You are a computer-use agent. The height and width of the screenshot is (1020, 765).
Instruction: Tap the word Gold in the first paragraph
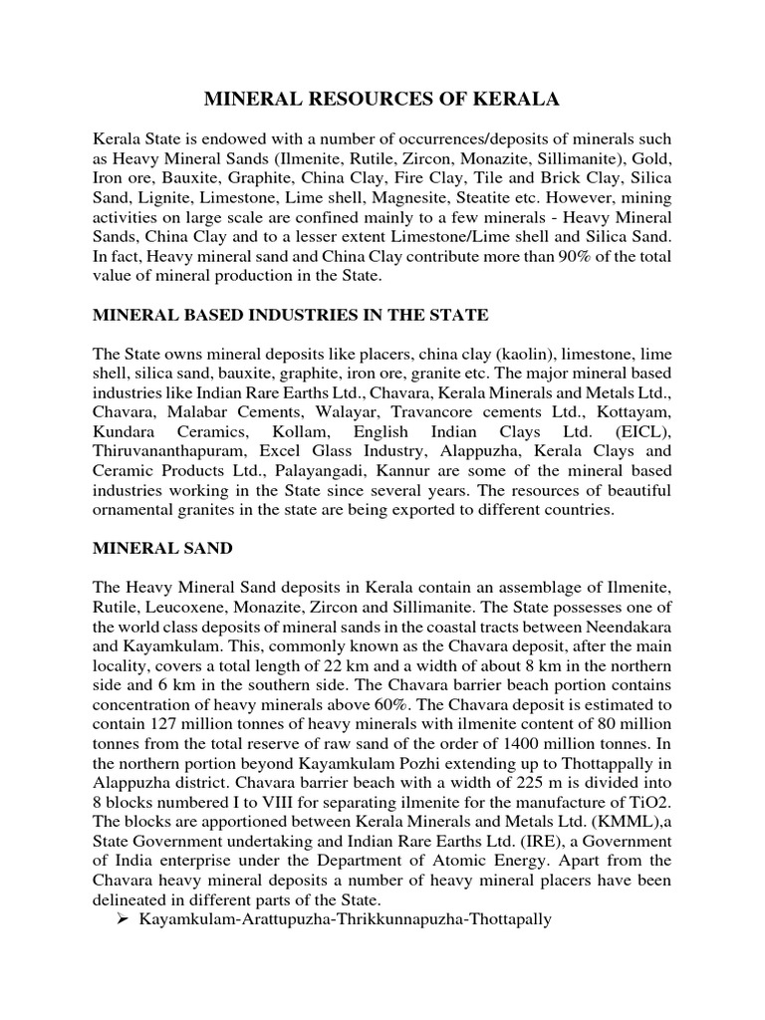tap(652, 159)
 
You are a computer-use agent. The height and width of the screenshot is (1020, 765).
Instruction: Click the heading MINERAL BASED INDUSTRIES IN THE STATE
tap(290, 316)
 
